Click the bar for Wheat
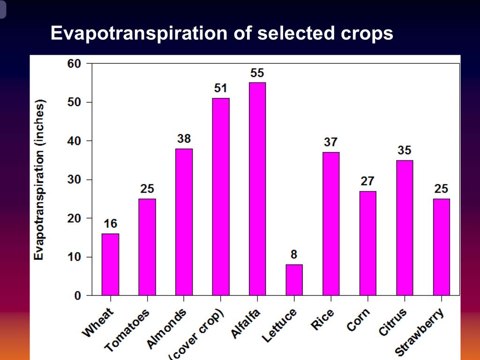(x=110, y=264)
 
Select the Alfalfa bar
(x=257, y=189)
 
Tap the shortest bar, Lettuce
(x=294, y=280)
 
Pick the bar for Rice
(x=331, y=224)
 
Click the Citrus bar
(x=405, y=228)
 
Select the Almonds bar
(x=184, y=222)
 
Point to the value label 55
(x=257, y=73)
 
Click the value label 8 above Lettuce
(x=294, y=255)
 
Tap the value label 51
(x=220, y=89)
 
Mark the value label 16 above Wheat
(x=110, y=224)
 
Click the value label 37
(x=330, y=142)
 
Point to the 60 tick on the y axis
(x=74, y=63)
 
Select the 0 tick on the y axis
(x=77, y=296)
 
